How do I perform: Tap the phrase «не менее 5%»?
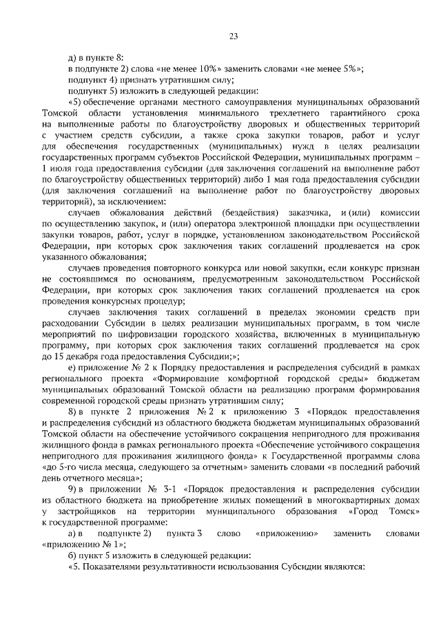tap(336, 69)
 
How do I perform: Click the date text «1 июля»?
tap(58, 168)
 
